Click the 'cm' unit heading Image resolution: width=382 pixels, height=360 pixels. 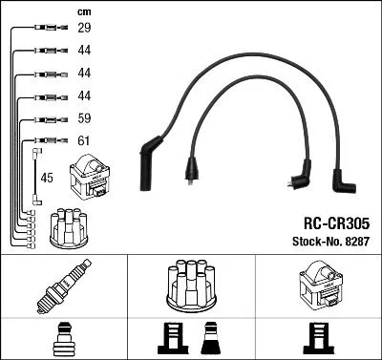click(x=83, y=11)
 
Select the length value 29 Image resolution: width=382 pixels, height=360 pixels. click(x=84, y=30)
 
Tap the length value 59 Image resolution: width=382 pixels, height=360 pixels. click(x=84, y=120)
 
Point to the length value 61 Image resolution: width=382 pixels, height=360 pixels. click(x=84, y=141)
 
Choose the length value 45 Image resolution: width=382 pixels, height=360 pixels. click(x=49, y=177)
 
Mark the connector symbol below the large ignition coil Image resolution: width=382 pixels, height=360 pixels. click(x=317, y=339)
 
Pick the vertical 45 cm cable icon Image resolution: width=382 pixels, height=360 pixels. click(x=36, y=176)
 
